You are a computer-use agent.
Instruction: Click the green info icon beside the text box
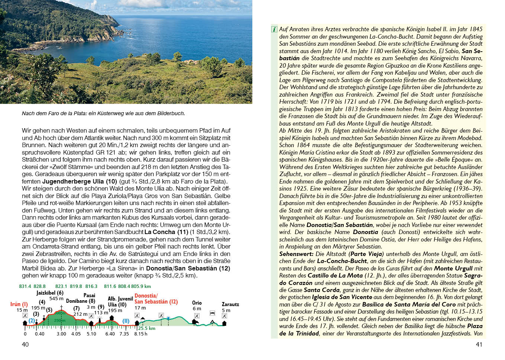tap(274, 29)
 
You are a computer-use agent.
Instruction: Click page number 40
tap(25, 344)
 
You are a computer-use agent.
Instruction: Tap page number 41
tap(479, 344)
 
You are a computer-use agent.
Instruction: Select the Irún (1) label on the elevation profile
tap(19, 304)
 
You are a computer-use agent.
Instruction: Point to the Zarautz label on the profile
tap(230, 304)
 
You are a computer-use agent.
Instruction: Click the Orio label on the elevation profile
tap(197, 303)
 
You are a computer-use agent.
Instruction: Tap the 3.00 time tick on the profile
tap(61, 334)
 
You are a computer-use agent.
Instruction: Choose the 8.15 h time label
tap(141, 334)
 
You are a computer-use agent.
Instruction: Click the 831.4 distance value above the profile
tap(25, 286)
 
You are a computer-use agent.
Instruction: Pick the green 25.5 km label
tap(147, 328)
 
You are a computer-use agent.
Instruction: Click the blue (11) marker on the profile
tap(126, 321)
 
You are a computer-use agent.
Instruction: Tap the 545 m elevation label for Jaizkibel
tap(56, 299)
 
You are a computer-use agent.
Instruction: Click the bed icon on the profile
tap(213, 313)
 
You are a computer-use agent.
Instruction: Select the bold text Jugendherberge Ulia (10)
tap(80, 181)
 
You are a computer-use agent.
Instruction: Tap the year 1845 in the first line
tap(476, 29)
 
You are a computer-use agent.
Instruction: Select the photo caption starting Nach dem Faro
tap(103, 113)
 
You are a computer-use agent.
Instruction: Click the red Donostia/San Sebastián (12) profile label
tap(156, 299)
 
